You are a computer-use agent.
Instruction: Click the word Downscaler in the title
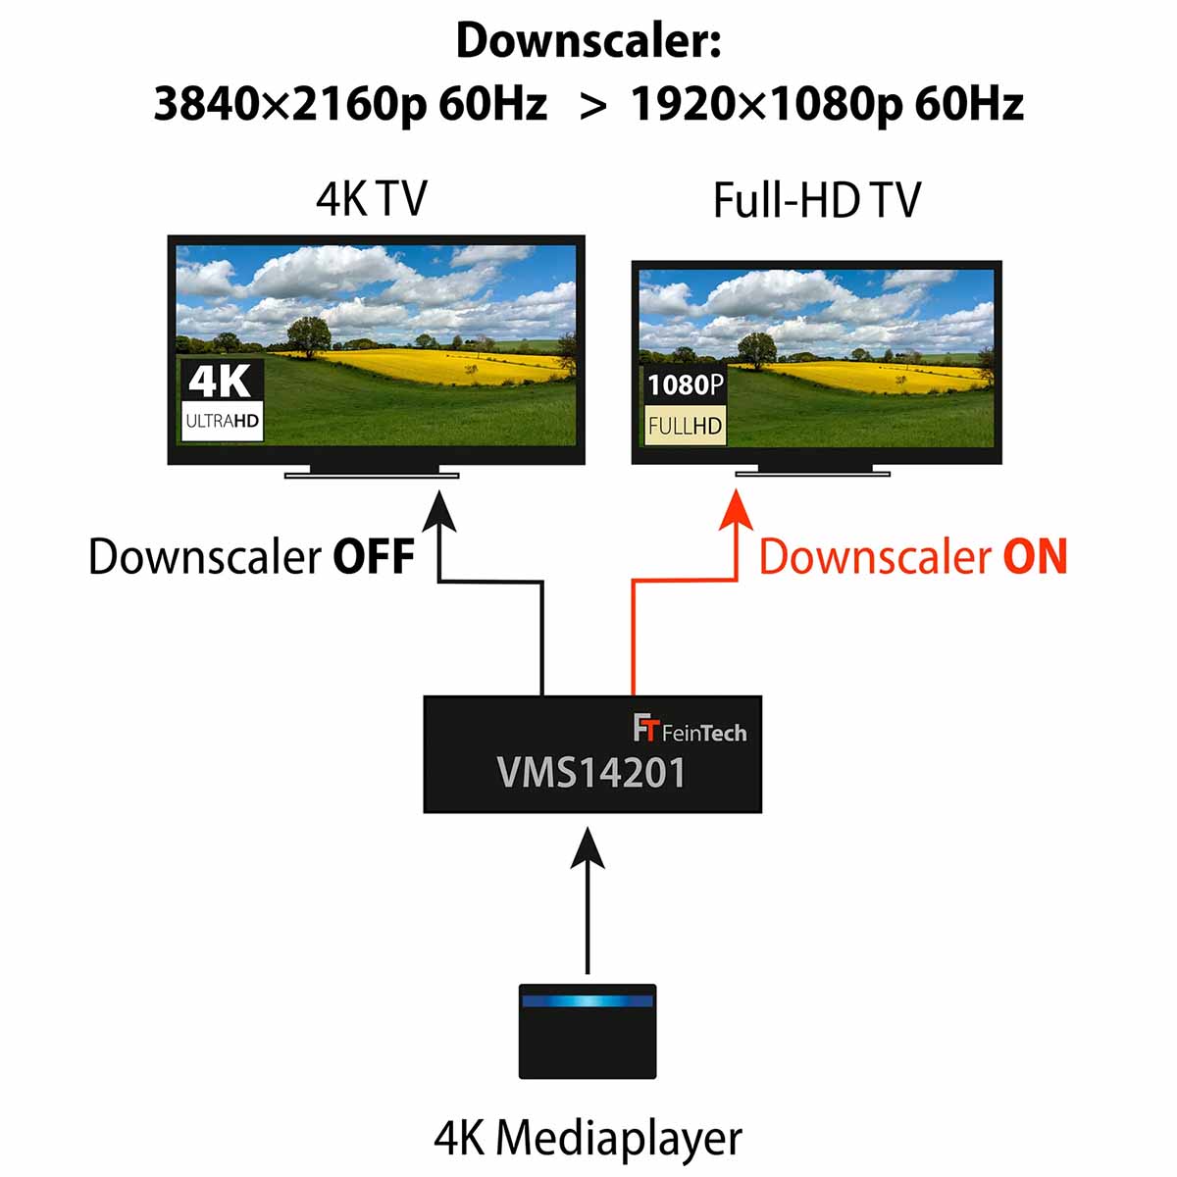(588, 41)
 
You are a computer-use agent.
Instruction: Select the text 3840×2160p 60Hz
(350, 103)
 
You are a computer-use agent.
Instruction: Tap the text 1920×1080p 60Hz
(827, 103)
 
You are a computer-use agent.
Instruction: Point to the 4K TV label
(371, 199)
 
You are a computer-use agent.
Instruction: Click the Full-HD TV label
(816, 201)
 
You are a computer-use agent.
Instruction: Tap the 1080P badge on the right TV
(685, 384)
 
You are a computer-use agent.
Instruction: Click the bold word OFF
(374, 557)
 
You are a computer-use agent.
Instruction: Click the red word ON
(1035, 557)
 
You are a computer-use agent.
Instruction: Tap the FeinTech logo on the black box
(690, 731)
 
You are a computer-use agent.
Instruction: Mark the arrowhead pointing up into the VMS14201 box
(588, 848)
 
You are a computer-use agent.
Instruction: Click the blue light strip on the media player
(588, 1001)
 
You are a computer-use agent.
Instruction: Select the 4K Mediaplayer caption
(588, 1139)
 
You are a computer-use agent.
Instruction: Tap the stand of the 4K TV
(372, 474)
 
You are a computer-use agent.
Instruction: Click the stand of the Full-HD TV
(812, 473)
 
